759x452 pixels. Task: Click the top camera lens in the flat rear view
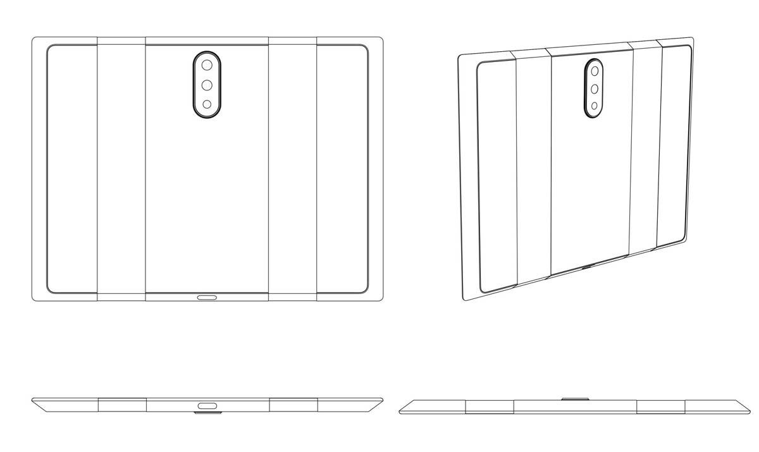coord(207,64)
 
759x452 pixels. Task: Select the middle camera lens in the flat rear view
coord(207,85)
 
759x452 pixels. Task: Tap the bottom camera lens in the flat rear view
coord(207,104)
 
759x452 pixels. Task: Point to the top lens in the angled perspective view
coord(594,71)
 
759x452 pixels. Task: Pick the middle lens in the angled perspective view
coord(594,89)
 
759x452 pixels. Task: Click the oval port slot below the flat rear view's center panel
coord(207,296)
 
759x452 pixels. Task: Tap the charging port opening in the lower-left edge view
coord(207,405)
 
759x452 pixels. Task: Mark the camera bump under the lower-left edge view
coord(207,415)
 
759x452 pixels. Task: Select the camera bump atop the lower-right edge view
coord(574,398)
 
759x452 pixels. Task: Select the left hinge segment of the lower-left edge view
coord(122,405)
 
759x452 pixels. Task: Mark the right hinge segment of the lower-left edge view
coord(293,405)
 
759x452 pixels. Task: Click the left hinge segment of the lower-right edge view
coord(490,406)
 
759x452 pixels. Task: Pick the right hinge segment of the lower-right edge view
coord(661,406)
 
